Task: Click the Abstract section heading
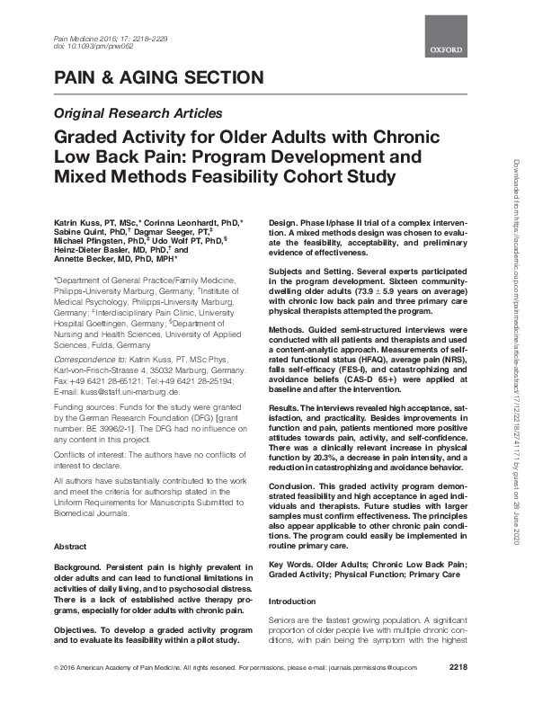[71, 546]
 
